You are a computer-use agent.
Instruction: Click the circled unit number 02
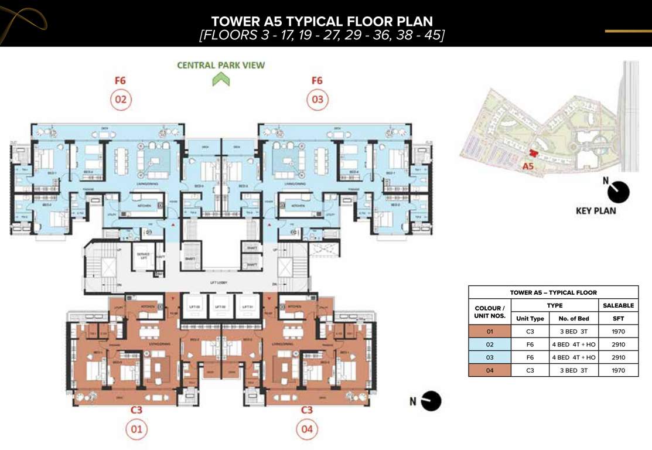coord(121,100)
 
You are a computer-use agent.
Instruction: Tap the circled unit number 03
coord(317,100)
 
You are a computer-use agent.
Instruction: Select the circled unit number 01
coord(136,429)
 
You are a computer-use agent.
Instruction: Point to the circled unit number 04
coord(306,429)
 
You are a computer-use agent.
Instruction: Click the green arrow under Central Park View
coord(221,79)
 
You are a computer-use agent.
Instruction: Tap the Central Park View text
coord(221,65)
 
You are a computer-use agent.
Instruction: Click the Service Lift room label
coord(143,256)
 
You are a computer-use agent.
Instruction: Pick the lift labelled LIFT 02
coord(220,306)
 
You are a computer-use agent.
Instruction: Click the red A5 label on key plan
coord(528,166)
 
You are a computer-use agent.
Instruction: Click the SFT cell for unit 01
coord(618,331)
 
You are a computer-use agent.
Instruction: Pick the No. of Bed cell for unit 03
coord(575,357)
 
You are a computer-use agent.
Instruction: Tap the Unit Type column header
coord(530,318)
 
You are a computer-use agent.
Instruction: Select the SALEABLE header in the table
coord(618,305)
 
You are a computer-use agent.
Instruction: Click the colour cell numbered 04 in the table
coord(490,370)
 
